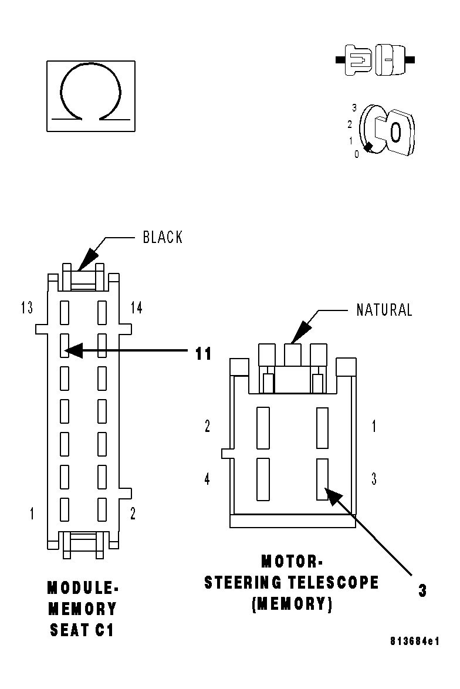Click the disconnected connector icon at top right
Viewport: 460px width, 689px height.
[376, 60]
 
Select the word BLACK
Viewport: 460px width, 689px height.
[163, 237]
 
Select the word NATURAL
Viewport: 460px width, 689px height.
[384, 309]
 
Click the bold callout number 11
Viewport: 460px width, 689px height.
[203, 353]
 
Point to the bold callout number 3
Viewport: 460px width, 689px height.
[422, 591]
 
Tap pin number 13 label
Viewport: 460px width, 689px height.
[26, 308]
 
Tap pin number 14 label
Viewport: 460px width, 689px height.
[136, 308]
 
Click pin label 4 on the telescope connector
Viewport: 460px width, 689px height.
[207, 479]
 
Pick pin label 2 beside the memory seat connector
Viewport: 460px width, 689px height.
[133, 514]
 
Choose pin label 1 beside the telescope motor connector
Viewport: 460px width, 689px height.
[374, 427]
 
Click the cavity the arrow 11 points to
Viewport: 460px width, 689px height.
[65, 346]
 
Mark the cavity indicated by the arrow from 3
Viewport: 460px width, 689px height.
[322, 479]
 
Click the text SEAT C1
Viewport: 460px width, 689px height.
[82, 630]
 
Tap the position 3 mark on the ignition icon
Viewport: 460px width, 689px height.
[354, 107]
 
